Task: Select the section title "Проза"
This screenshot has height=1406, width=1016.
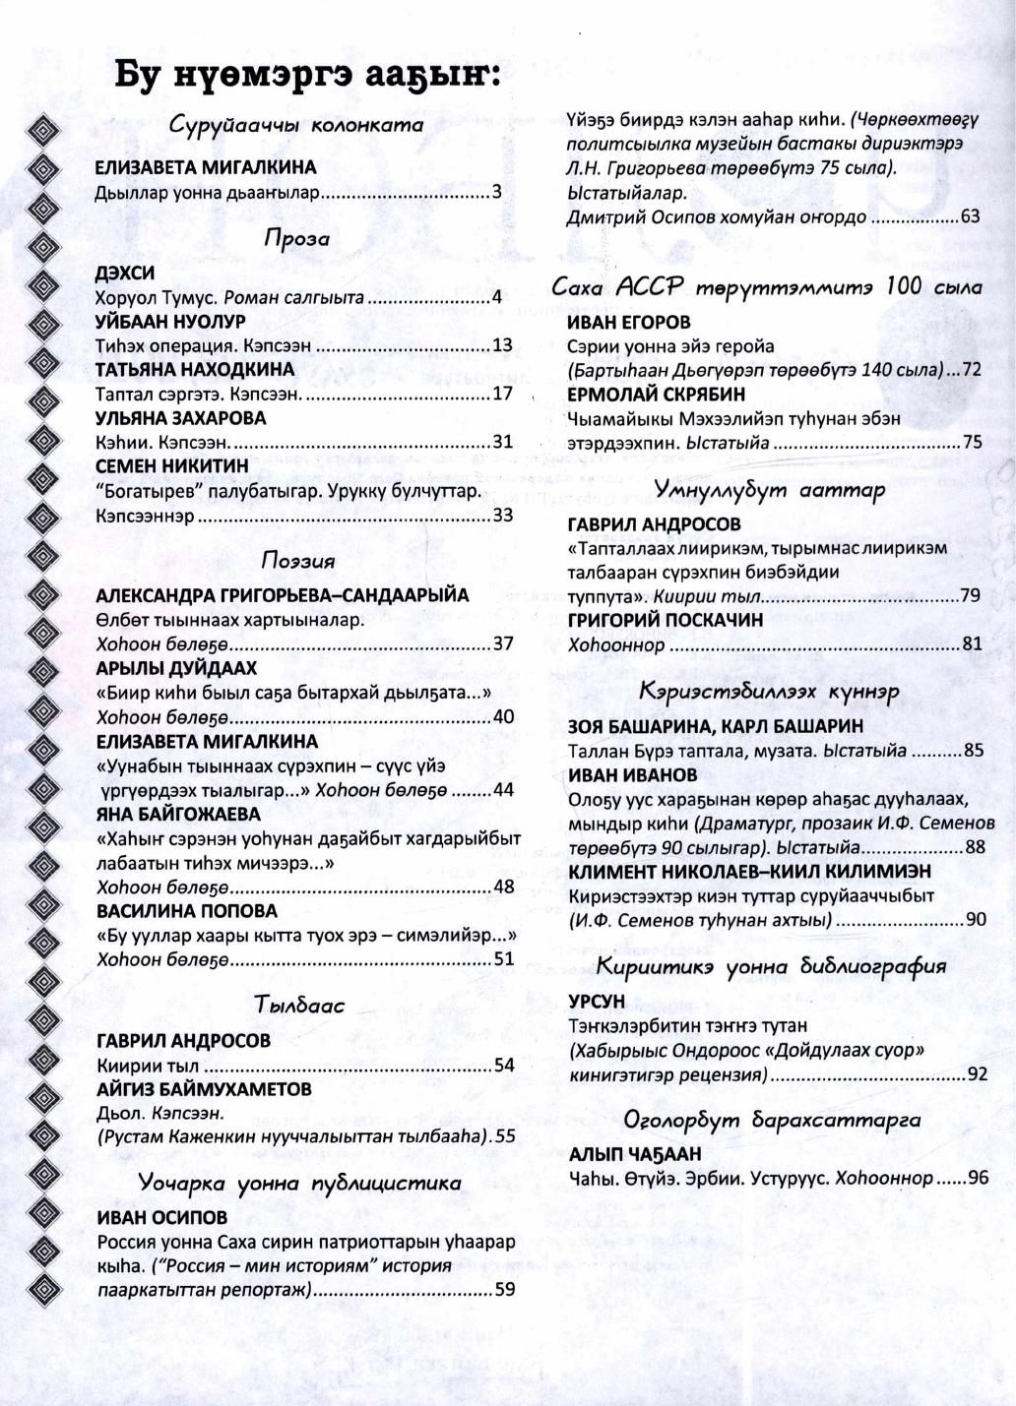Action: (296, 239)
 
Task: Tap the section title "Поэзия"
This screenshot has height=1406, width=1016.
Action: (298, 561)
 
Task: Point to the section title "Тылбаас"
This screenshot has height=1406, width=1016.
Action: (299, 1006)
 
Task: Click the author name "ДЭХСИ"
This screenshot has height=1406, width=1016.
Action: (124, 274)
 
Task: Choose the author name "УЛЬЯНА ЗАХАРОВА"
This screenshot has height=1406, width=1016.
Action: (181, 418)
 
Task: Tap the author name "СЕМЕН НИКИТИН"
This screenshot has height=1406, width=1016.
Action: (172, 466)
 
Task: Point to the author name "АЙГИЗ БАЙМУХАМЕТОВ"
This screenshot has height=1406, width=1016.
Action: (204, 1089)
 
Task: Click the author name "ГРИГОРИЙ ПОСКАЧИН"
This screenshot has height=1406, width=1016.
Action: (665, 621)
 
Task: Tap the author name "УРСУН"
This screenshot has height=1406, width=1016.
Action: (597, 1002)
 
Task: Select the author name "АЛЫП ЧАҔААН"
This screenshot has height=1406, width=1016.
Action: (635, 1153)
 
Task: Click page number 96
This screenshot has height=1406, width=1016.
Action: (978, 1178)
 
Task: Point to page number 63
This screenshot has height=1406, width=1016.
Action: (970, 216)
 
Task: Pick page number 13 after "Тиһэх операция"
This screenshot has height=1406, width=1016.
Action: (502, 345)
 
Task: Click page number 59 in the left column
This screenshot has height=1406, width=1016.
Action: (504, 1289)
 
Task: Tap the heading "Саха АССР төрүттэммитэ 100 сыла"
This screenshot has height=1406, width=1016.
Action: (767, 287)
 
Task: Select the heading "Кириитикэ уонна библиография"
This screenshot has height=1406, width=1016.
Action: (771, 966)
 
